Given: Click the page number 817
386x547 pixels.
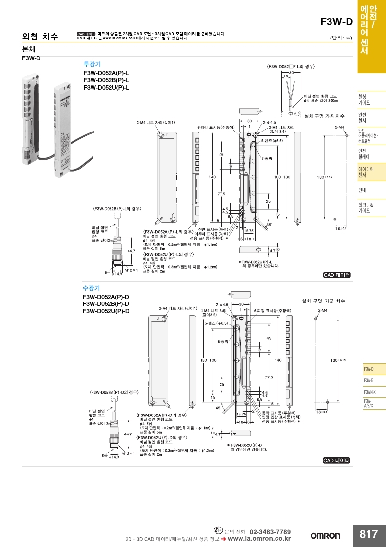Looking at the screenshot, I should (368, 534).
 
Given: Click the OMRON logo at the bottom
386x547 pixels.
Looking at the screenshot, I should (326, 535).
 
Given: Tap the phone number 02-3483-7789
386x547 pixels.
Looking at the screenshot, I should (270, 531).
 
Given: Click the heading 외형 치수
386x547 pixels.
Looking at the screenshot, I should (40, 37).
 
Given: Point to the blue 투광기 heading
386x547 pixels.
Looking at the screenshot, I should (92, 64).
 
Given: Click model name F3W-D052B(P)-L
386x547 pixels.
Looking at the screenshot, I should (106, 80).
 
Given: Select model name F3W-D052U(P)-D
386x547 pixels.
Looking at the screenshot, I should (106, 311).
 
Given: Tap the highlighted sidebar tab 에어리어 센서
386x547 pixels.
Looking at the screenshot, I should (364, 172).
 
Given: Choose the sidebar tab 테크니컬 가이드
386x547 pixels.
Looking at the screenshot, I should (365, 208).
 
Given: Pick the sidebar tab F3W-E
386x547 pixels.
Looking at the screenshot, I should (368, 380).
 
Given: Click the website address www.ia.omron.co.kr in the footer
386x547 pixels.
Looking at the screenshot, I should (259, 539).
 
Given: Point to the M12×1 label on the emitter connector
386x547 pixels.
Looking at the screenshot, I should (131, 269).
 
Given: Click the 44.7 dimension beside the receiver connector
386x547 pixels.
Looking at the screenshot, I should (128, 434).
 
